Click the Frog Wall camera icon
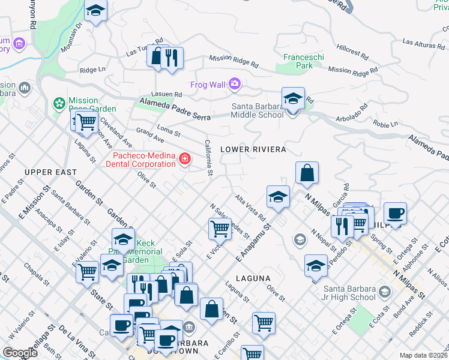coord(234,84)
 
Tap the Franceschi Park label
coord(303,61)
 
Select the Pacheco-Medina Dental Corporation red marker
coord(185,160)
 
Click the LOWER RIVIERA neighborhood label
coord(253,149)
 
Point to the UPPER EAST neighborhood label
coord(50,172)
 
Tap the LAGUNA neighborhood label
coord(255,278)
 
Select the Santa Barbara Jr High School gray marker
coord(384,292)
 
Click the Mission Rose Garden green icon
coord(59,104)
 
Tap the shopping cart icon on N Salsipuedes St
coord(220,228)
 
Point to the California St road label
coord(208,158)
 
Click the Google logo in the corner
coord(20,353)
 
